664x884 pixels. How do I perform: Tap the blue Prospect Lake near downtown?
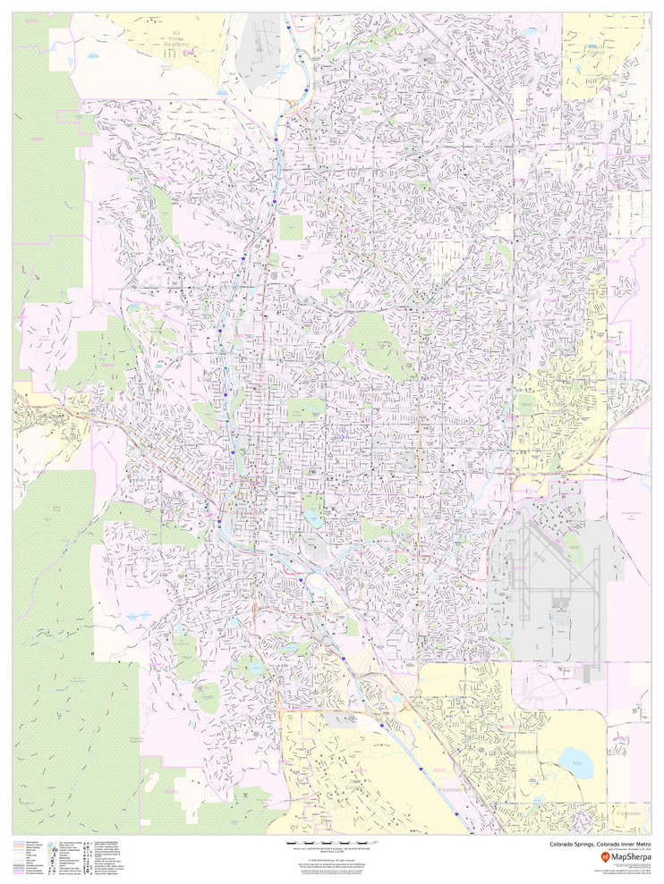(312, 517)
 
